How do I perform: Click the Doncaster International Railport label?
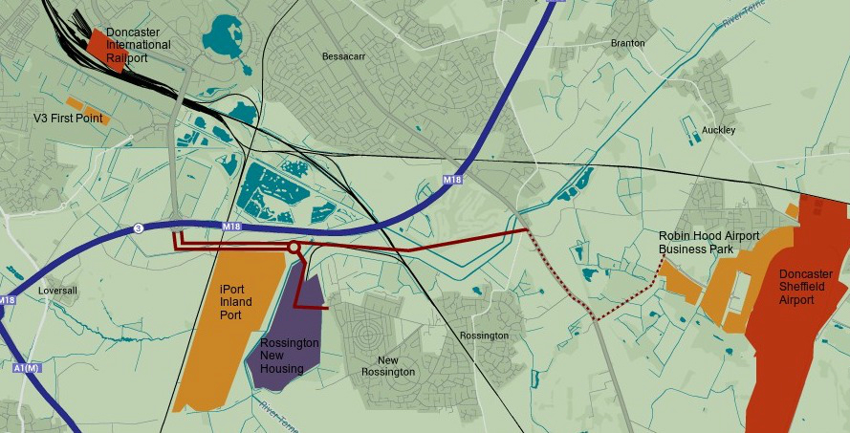coord(139,45)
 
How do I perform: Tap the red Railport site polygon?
coord(98,43)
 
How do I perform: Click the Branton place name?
coord(627,43)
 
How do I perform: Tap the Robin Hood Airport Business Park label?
coord(708,243)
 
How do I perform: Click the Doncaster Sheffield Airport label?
coord(805,287)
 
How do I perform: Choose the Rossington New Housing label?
coord(282,355)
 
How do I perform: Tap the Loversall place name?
coord(57,290)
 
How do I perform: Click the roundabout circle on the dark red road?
coord(294,249)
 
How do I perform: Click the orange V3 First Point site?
coord(87,109)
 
